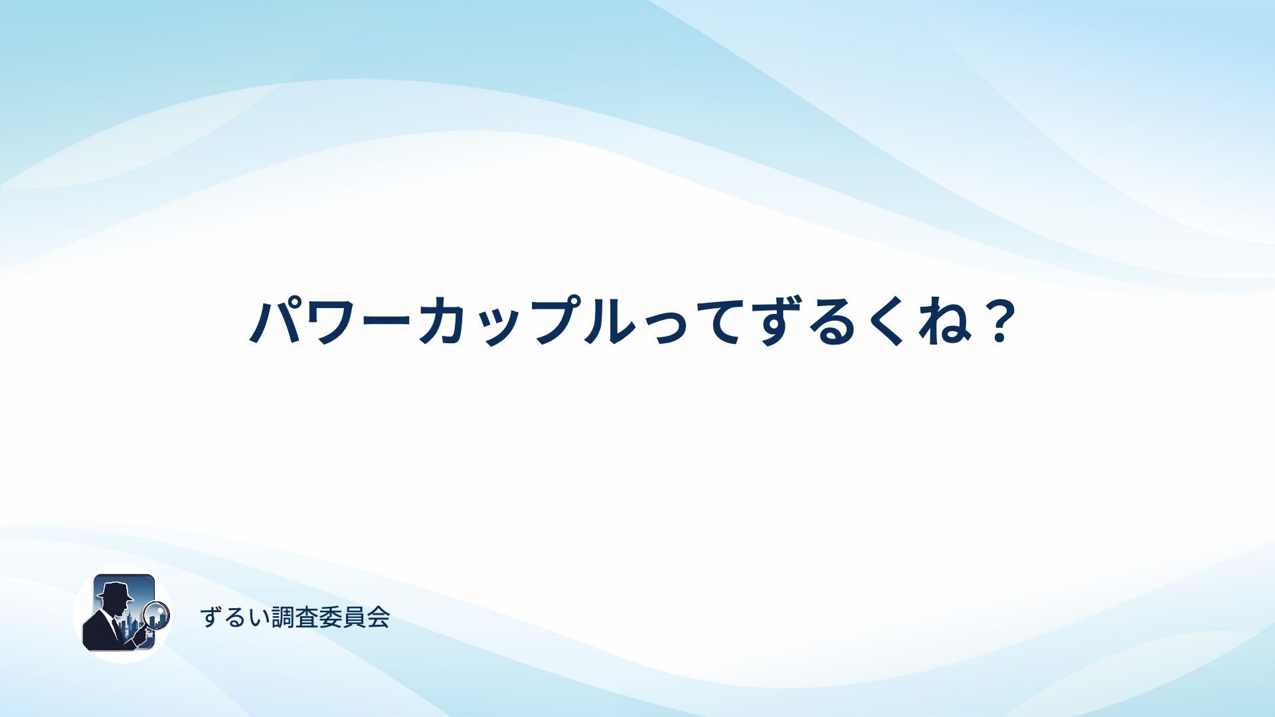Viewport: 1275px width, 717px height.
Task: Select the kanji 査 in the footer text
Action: (x=307, y=617)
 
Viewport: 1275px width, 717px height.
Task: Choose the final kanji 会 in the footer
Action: (x=379, y=617)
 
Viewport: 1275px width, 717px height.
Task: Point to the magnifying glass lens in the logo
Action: (x=157, y=614)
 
